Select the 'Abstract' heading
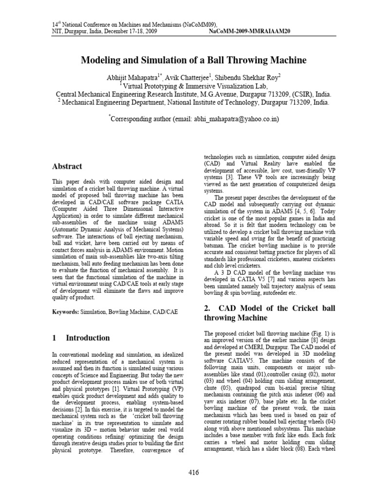67,166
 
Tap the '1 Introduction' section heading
81,338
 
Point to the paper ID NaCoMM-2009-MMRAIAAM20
249,31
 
